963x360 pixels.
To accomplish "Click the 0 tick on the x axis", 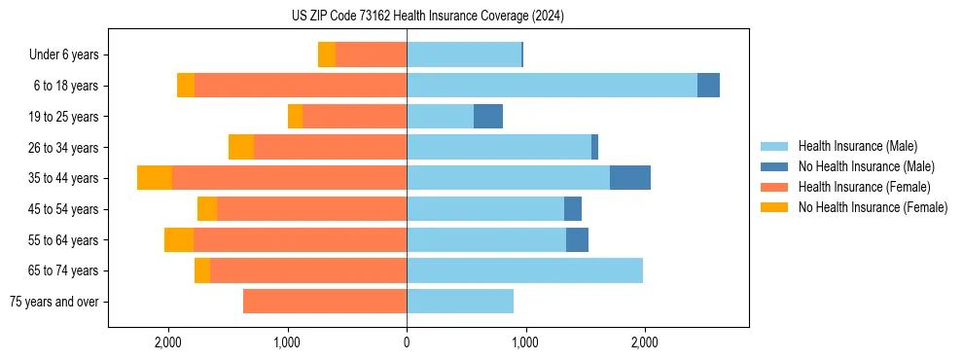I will (x=407, y=342).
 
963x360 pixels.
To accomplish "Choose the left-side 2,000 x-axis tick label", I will (x=168, y=342).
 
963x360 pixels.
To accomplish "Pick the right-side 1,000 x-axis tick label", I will (x=525, y=342).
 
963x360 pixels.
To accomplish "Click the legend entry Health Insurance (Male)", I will (x=857, y=147).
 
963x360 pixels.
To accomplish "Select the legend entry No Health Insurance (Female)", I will (x=873, y=207).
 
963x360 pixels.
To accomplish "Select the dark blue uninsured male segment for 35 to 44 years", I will (x=630, y=178).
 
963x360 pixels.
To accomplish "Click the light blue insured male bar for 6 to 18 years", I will (x=552, y=86).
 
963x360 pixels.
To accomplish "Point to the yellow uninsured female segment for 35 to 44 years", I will (x=155, y=178).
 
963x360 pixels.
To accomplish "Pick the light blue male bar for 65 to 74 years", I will (x=524, y=270).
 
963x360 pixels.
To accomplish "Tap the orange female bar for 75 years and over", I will (x=325, y=302).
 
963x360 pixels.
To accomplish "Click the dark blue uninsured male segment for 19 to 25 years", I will (x=488, y=117).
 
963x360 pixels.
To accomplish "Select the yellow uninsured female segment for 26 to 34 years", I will (x=241, y=147).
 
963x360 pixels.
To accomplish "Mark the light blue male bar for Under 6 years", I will (x=464, y=55).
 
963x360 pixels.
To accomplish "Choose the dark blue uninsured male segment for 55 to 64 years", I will (x=577, y=239).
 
